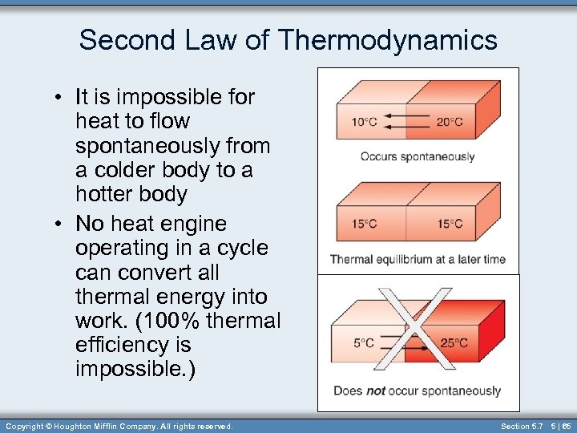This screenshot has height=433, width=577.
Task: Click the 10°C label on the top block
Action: pos(364,123)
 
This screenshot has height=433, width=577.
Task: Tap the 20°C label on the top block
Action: pos(450,123)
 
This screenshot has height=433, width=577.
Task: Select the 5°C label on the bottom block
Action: pos(363,343)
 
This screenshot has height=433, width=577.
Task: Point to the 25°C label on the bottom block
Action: pos(454,343)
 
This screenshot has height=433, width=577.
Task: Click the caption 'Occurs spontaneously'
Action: pos(418,156)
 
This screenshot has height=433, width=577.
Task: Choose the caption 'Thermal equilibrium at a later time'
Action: pos(418,259)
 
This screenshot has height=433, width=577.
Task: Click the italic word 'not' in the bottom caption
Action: pos(375,391)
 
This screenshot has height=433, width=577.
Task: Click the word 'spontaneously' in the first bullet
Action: pos(172,146)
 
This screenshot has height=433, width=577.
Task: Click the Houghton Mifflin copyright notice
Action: pos(119,426)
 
